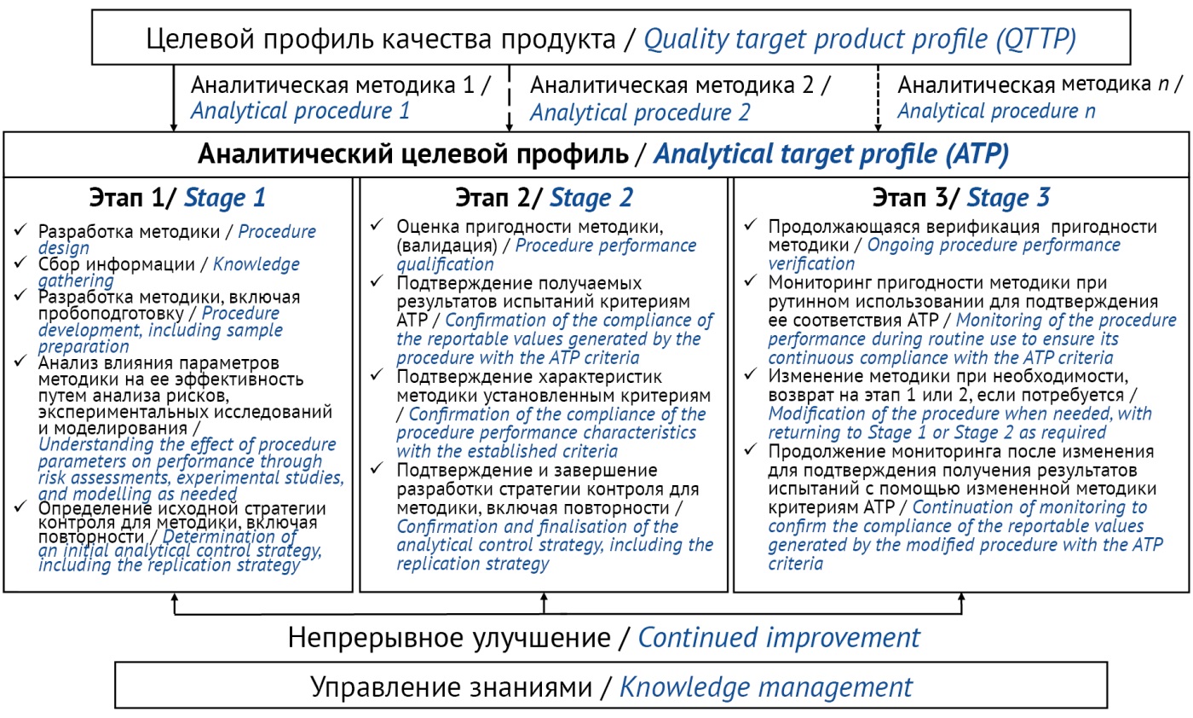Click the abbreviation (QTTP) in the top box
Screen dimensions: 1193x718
(1036, 40)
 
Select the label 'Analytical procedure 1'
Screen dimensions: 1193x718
(300, 111)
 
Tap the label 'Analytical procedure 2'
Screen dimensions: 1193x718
(640, 113)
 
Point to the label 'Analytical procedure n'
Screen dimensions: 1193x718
(996, 112)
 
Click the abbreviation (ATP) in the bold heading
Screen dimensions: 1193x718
(977, 154)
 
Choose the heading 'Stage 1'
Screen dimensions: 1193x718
(225, 198)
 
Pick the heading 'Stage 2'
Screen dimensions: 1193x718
(591, 198)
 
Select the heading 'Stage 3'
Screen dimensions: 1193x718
(1008, 197)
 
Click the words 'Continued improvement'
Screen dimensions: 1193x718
(779, 638)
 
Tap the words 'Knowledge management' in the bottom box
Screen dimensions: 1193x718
(766, 687)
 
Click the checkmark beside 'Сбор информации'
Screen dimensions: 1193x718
(20, 262)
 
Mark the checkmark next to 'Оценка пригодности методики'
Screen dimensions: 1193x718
(377, 224)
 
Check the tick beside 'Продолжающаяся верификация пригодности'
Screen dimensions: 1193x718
(750, 224)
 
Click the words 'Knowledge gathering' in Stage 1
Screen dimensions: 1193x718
(169, 272)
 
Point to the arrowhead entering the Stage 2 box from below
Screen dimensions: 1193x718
(544, 596)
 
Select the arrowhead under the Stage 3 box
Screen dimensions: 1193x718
(961, 596)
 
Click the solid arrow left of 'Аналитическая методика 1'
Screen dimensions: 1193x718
(174, 98)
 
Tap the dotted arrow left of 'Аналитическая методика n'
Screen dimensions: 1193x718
(878, 98)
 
